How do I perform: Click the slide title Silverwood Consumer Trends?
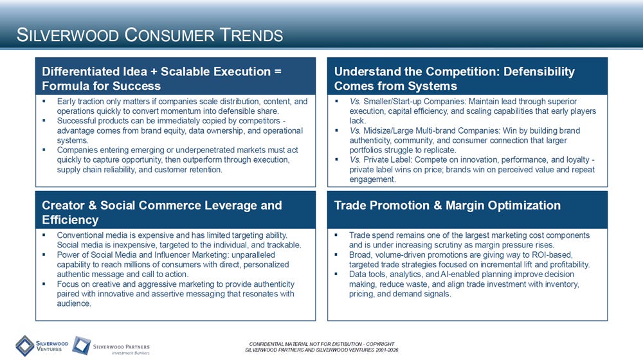(150, 35)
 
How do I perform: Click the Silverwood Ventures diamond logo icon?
(25, 346)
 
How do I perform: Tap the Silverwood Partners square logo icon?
(81, 345)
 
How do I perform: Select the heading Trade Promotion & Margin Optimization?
(448, 206)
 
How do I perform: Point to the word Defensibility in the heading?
(539, 72)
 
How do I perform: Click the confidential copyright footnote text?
(321, 347)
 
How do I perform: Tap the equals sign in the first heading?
(278, 72)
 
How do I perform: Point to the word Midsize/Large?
(388, 130)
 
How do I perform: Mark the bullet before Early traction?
(44, 102)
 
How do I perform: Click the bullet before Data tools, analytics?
(336, 274)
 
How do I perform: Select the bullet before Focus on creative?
(44, 284)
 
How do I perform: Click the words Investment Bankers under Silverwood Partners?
(131, 353)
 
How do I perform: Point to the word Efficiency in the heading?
(70, 221)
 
